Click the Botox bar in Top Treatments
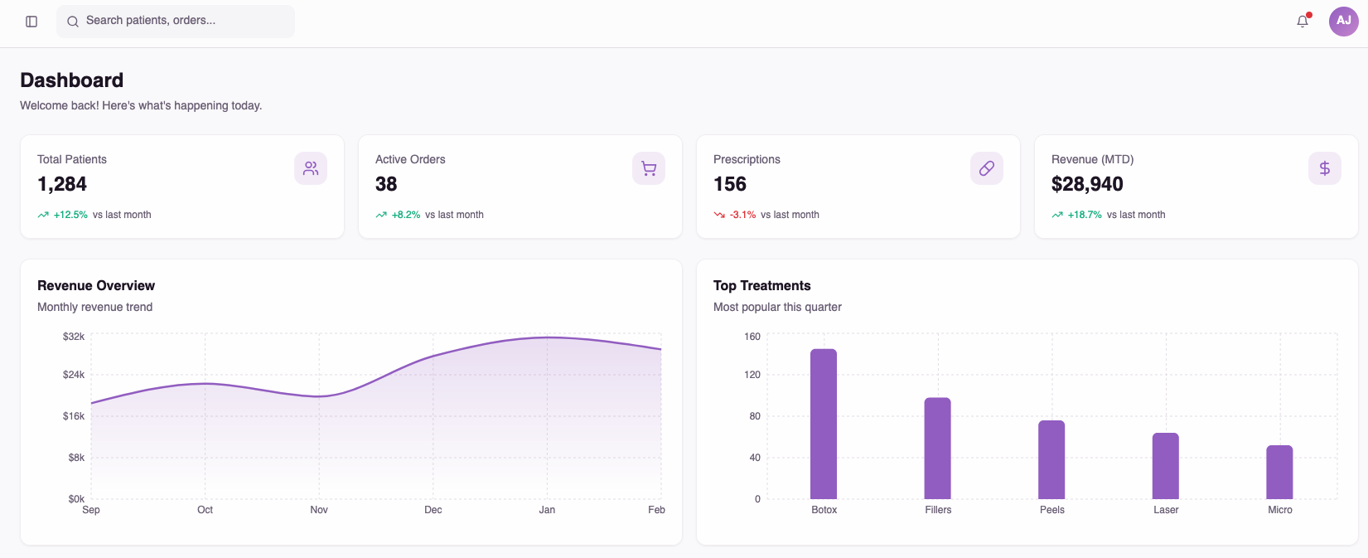point(824,424)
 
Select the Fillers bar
point(937,448)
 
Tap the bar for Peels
point(1051,459)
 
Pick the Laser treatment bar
point(1165,466)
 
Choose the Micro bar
point(1279,472)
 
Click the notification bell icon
point(1303,21)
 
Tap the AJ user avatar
point(1344,22)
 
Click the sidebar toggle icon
point(31,22)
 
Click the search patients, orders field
point(176,22)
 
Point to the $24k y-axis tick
point(73,375)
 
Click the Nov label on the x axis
point(319,510)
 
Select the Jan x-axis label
point(547,510)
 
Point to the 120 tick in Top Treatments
point(752,375)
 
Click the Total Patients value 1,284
point(61,184)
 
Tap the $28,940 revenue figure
point(1087,184)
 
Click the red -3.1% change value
point(742,215)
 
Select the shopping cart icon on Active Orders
point(649,168)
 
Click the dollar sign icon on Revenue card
point(1325,168)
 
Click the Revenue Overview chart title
point(96,285)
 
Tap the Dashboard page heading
point(71,80)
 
